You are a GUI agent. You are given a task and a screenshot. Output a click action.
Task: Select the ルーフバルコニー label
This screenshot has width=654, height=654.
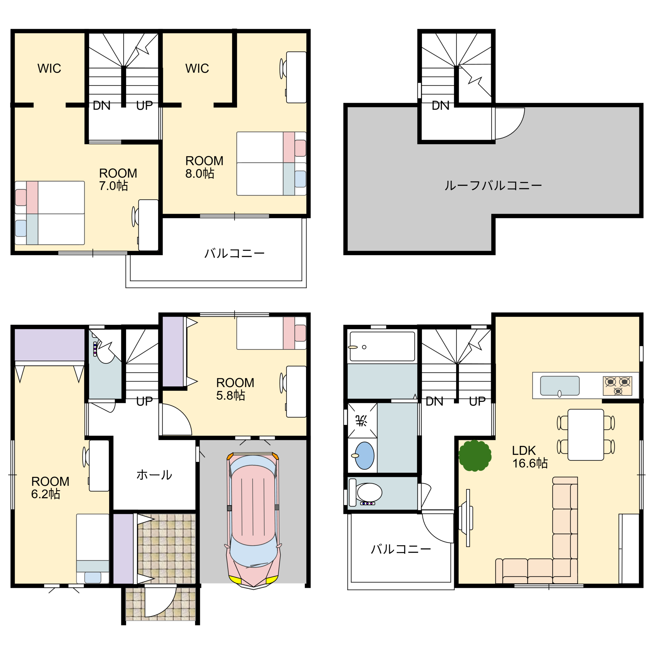pyautogui.click(x=493, y=186)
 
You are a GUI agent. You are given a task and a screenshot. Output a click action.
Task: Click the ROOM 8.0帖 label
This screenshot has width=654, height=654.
pyautogui.click(x=204, y=167)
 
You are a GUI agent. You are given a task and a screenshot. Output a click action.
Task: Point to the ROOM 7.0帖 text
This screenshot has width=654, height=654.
pyautogui.click(x=118, y=179)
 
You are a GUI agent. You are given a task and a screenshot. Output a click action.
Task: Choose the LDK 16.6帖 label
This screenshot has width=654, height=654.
pyautogui.click(x=530, y=457)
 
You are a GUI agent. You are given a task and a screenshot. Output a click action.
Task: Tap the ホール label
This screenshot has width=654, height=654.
pyautogui.click(x=154, y=475)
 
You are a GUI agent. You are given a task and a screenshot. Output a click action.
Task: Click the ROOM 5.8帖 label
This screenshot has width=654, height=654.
pyautogui.click(x=235, y=389)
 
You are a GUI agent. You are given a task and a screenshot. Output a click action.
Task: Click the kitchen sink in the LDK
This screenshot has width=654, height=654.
pyautogui.click(x=560, y=386)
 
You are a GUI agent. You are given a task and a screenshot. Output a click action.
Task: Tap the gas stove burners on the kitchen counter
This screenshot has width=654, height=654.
pyautogui.click(x=617, y=386)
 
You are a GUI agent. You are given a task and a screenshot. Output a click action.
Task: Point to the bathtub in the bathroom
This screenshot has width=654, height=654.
pyautogui.click(x=382, y=346)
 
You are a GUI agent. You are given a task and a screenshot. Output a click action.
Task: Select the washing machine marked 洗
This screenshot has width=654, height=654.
pyautogui.click(x=362, y=421)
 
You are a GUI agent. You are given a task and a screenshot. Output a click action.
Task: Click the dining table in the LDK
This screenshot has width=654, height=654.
pyautogui.click(x=586, y=435)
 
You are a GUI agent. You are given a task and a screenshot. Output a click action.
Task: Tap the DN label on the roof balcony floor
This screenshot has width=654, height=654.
pyautogui.click(x=440, y=106)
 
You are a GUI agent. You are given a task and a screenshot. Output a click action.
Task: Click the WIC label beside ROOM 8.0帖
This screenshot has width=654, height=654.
pyautogui.click(x=197, y=68)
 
